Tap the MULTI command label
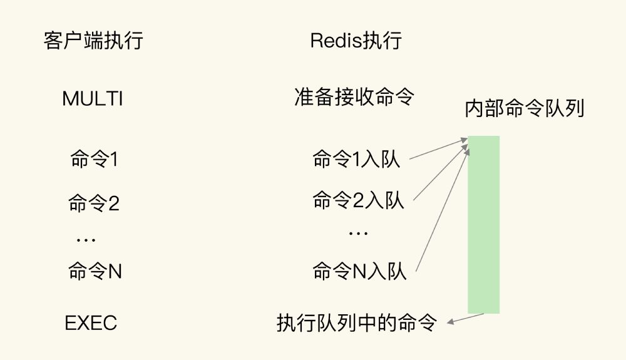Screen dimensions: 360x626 (93, 98)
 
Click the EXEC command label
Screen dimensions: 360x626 (91, 323)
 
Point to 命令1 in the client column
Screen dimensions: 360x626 (95, 160)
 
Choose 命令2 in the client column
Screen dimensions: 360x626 (94, 203)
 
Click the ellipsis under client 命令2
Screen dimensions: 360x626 (86, 239)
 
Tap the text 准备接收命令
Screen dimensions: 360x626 (354, 97)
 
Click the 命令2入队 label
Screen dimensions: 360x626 (358, 200)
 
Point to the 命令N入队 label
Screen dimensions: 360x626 (359, 271)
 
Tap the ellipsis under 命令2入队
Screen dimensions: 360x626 (358, 233)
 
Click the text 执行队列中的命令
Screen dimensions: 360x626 (356, 323)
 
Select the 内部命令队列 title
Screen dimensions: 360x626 (525, 108)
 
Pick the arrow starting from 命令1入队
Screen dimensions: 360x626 (438, 150)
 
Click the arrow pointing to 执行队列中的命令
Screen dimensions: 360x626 (466, 319)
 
